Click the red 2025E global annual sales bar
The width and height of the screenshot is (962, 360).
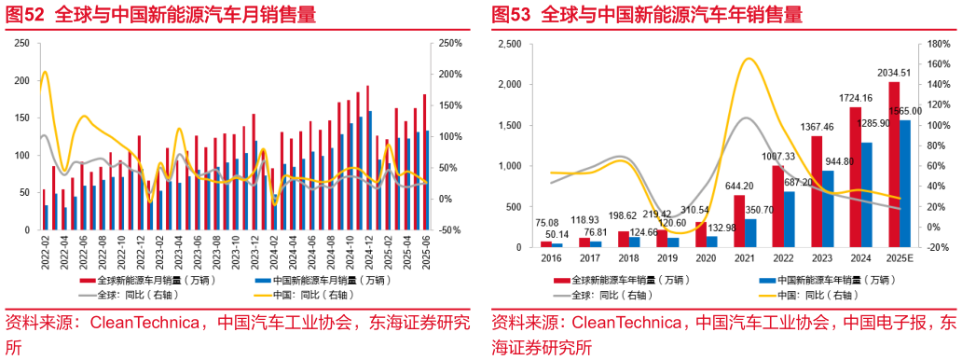pyautogui.click(x=894, y=164)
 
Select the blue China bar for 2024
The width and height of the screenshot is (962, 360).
pyautogui.click(x=866, y=194)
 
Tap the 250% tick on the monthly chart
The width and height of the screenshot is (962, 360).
pyautogui.click(x=450, y=43)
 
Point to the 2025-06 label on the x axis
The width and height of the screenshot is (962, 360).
pyautogui.click(x=425, y=249)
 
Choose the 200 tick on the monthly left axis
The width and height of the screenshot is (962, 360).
pyautogui.click(x=21, y=80)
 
